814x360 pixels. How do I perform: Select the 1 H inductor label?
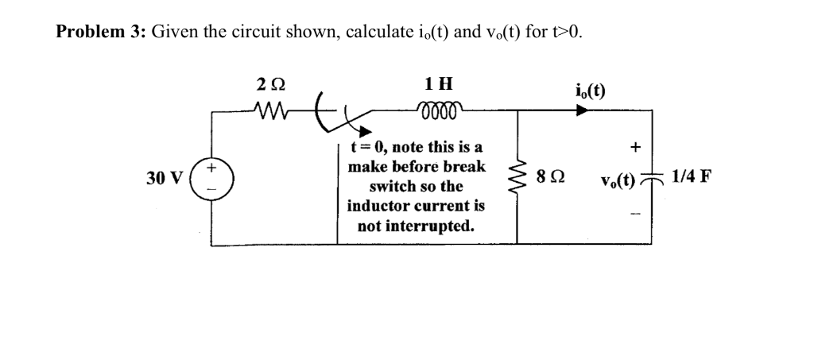(x=439, y=83)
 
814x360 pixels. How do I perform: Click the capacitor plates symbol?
(x=652, y=178)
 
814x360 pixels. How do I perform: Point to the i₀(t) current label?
(x=589, y=90)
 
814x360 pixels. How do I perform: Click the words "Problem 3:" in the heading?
(x=100, y=33)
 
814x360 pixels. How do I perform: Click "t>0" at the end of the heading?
(x=568, y=33)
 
